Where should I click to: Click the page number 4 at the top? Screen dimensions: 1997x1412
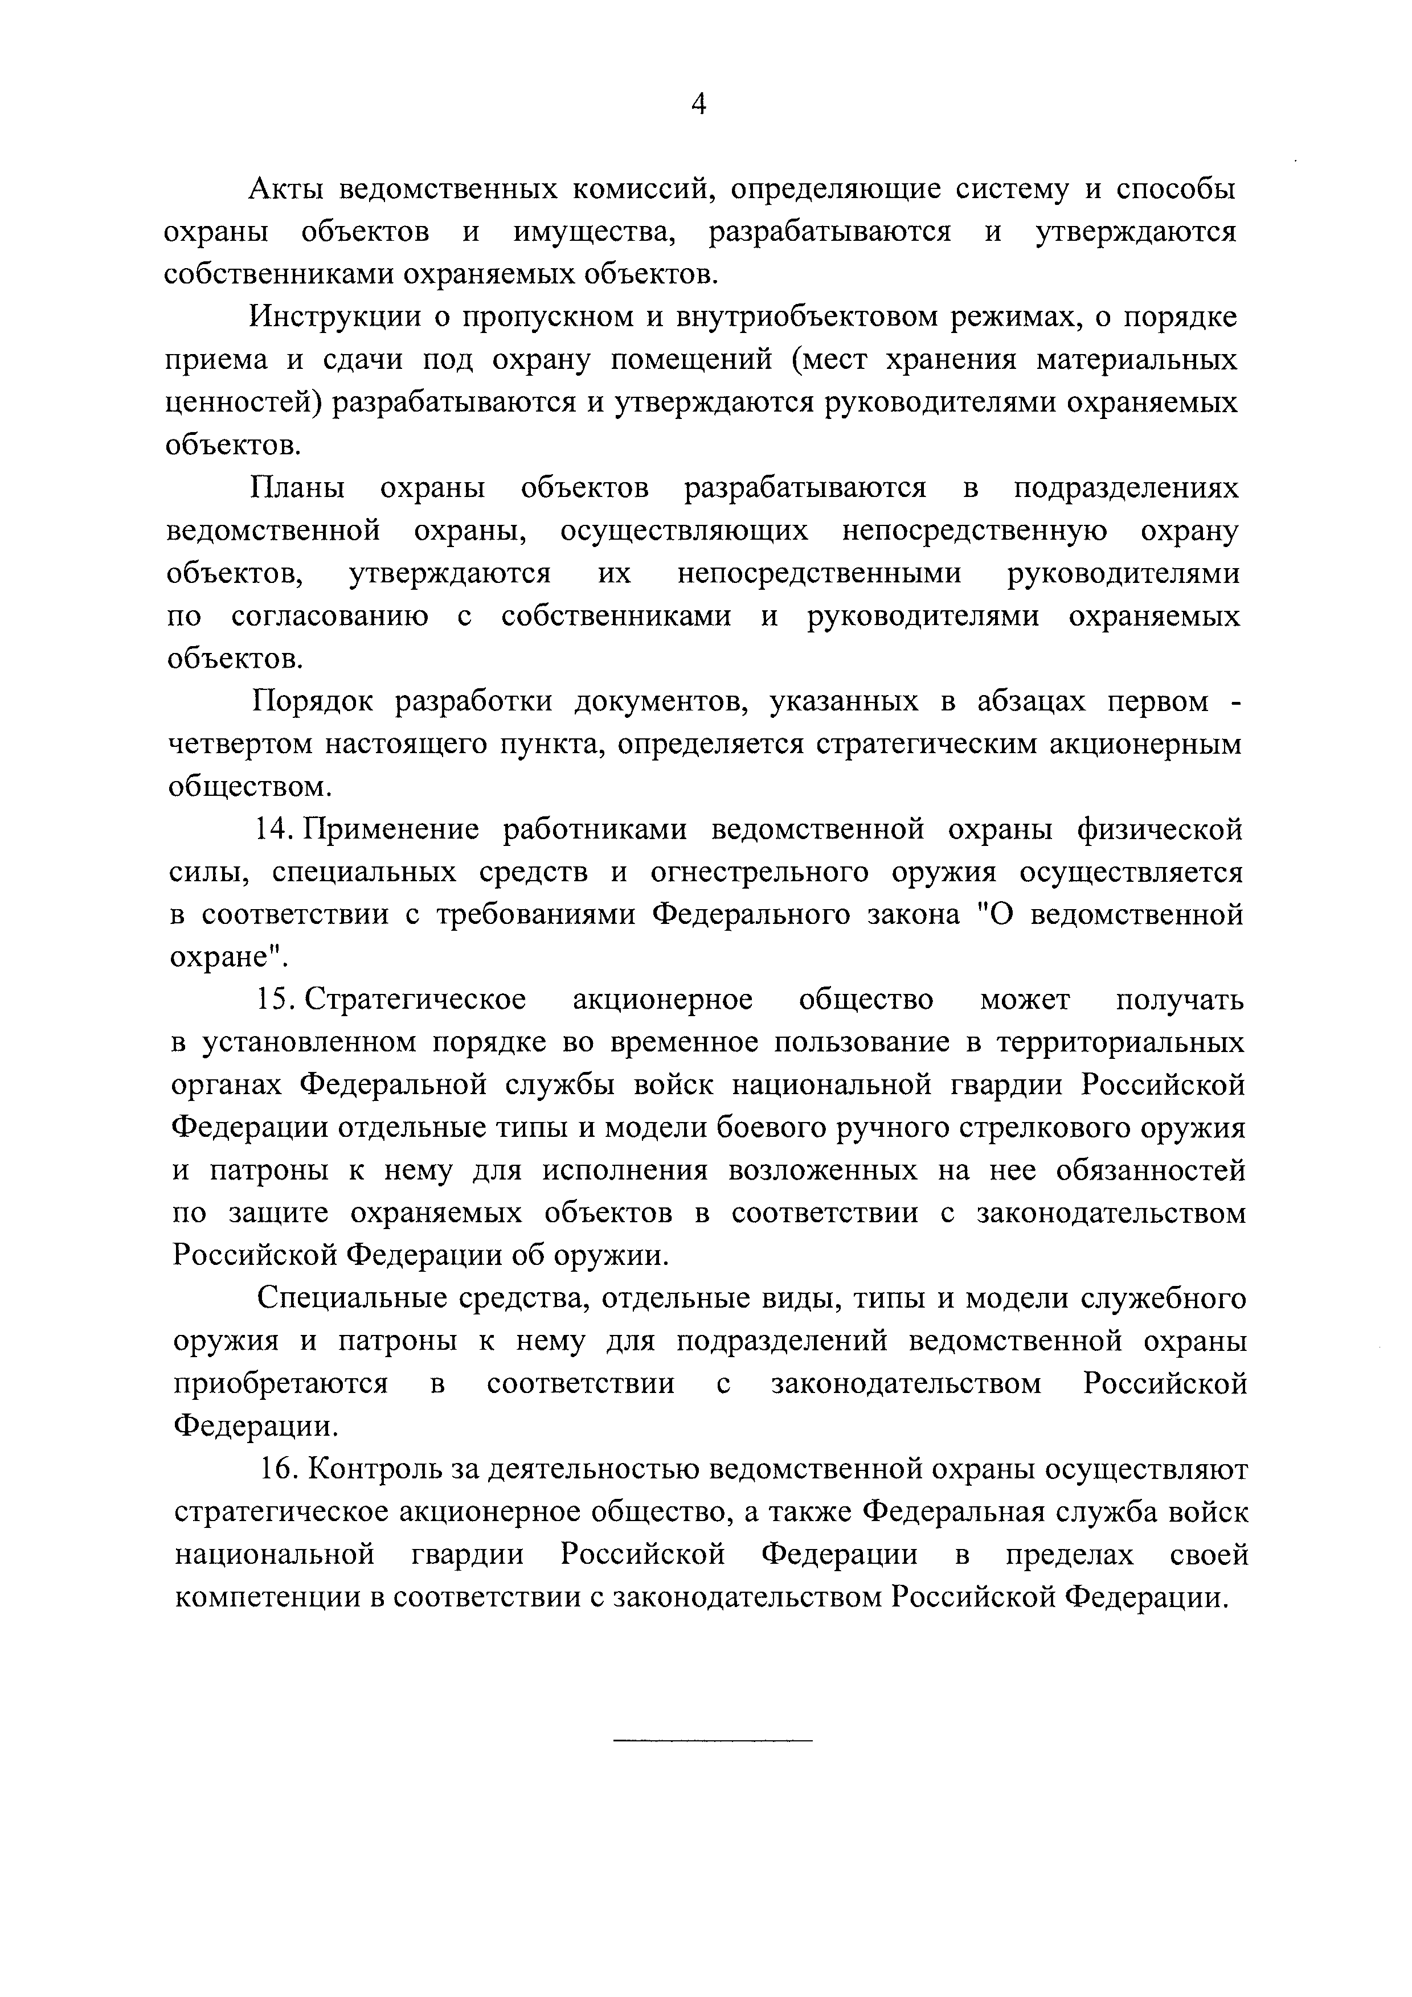click(x=699, y=105)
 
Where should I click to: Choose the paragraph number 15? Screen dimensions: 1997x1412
click(x=276, y=1000)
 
